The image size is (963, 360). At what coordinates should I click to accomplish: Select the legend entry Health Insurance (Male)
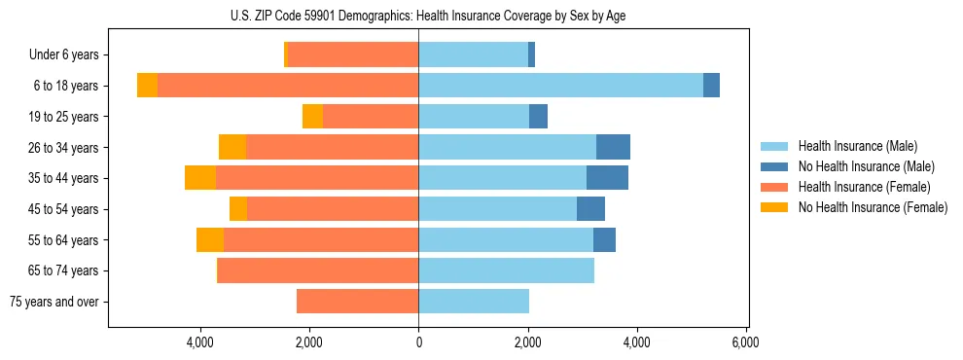[x=856, y=146]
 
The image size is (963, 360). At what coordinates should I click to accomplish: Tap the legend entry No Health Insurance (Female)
[x=873, y=207]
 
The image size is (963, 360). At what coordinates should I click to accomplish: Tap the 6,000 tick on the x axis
[x=745, y=342]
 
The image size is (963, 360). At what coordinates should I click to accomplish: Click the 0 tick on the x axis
[x=418, y=342]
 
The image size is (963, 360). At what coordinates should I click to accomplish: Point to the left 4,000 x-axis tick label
[x=200, y=342]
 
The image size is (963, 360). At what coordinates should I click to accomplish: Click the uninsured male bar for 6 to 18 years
[x=711, y=86]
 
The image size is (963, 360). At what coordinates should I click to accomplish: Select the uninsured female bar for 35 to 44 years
[x=200, y=178]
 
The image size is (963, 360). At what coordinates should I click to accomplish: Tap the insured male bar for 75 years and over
[x=474, y=302]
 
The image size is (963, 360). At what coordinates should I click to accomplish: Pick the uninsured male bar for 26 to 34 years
[x=613, y=147]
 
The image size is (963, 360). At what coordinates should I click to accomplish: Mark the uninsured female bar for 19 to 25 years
[x=312, y=117]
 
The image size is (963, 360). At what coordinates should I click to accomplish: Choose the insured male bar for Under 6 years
[x=473, y=55]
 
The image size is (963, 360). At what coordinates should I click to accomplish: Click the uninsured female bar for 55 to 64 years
[x=210, y=239]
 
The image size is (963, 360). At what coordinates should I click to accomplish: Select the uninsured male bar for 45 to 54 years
[x=590, y=209]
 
